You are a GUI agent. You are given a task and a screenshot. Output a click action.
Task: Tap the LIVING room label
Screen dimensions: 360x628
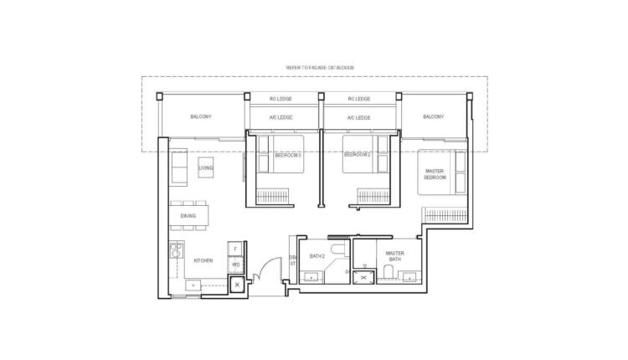[206, 168]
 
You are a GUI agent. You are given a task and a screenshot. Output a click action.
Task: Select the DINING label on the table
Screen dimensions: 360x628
[188, 217]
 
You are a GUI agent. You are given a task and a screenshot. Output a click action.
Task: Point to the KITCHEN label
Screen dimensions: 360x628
[203, 261]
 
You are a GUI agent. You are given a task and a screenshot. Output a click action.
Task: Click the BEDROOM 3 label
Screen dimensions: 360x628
[287, 155]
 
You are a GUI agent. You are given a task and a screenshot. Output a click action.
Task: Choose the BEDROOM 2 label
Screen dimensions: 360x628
[358, 155]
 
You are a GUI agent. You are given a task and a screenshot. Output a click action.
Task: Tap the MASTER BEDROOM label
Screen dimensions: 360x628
[435, 174]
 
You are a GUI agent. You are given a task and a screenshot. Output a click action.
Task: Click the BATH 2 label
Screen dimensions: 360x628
[317, 255]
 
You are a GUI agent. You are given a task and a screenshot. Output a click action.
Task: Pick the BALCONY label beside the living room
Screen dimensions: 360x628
[200, 116]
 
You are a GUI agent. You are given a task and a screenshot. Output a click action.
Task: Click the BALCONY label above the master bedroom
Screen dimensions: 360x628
[433, 116]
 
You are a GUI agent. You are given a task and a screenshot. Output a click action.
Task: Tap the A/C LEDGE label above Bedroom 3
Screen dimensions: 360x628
[280, 118]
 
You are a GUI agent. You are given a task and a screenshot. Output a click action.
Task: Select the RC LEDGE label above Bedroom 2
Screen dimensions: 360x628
[358, 99]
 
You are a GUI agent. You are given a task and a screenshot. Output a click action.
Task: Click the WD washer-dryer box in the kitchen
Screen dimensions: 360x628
[236, 265]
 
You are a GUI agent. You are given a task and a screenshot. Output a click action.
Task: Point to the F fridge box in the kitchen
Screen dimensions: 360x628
[236, 249]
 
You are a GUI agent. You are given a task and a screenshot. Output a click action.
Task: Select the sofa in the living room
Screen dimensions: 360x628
[178, 167]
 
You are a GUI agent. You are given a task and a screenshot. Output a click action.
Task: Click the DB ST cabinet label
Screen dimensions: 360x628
[293, 260]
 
